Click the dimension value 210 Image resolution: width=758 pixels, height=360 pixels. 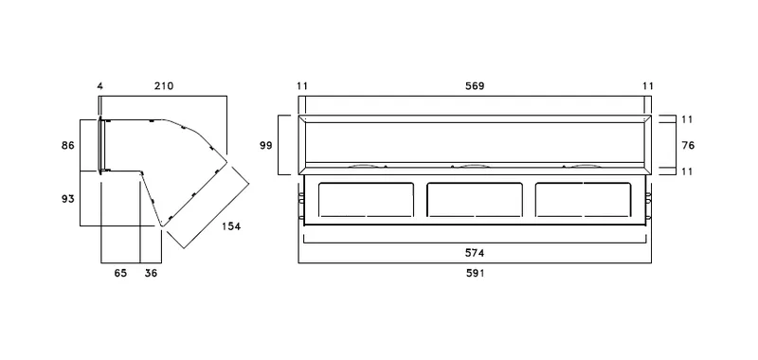164,86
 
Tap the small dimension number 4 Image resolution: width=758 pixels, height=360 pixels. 100,86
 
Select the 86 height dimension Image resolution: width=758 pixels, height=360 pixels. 68,145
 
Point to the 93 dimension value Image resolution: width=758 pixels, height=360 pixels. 68,198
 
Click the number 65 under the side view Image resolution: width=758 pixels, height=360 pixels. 120,273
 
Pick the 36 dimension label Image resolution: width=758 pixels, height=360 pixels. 151,273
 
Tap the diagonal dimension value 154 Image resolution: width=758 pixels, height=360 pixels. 231,226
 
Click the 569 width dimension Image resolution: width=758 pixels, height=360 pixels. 475,86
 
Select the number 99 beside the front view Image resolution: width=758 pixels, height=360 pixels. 266,145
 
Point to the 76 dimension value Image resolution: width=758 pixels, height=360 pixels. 688,145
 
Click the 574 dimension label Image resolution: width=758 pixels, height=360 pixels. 475,253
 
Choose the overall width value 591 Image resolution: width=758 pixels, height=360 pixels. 475,273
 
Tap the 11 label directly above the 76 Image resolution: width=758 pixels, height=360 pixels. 688,118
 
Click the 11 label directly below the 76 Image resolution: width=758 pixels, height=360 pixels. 688,171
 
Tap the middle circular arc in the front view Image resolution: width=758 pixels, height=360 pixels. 475,165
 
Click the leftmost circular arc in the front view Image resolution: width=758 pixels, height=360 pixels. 362,165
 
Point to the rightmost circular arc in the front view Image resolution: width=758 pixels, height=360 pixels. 587,165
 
